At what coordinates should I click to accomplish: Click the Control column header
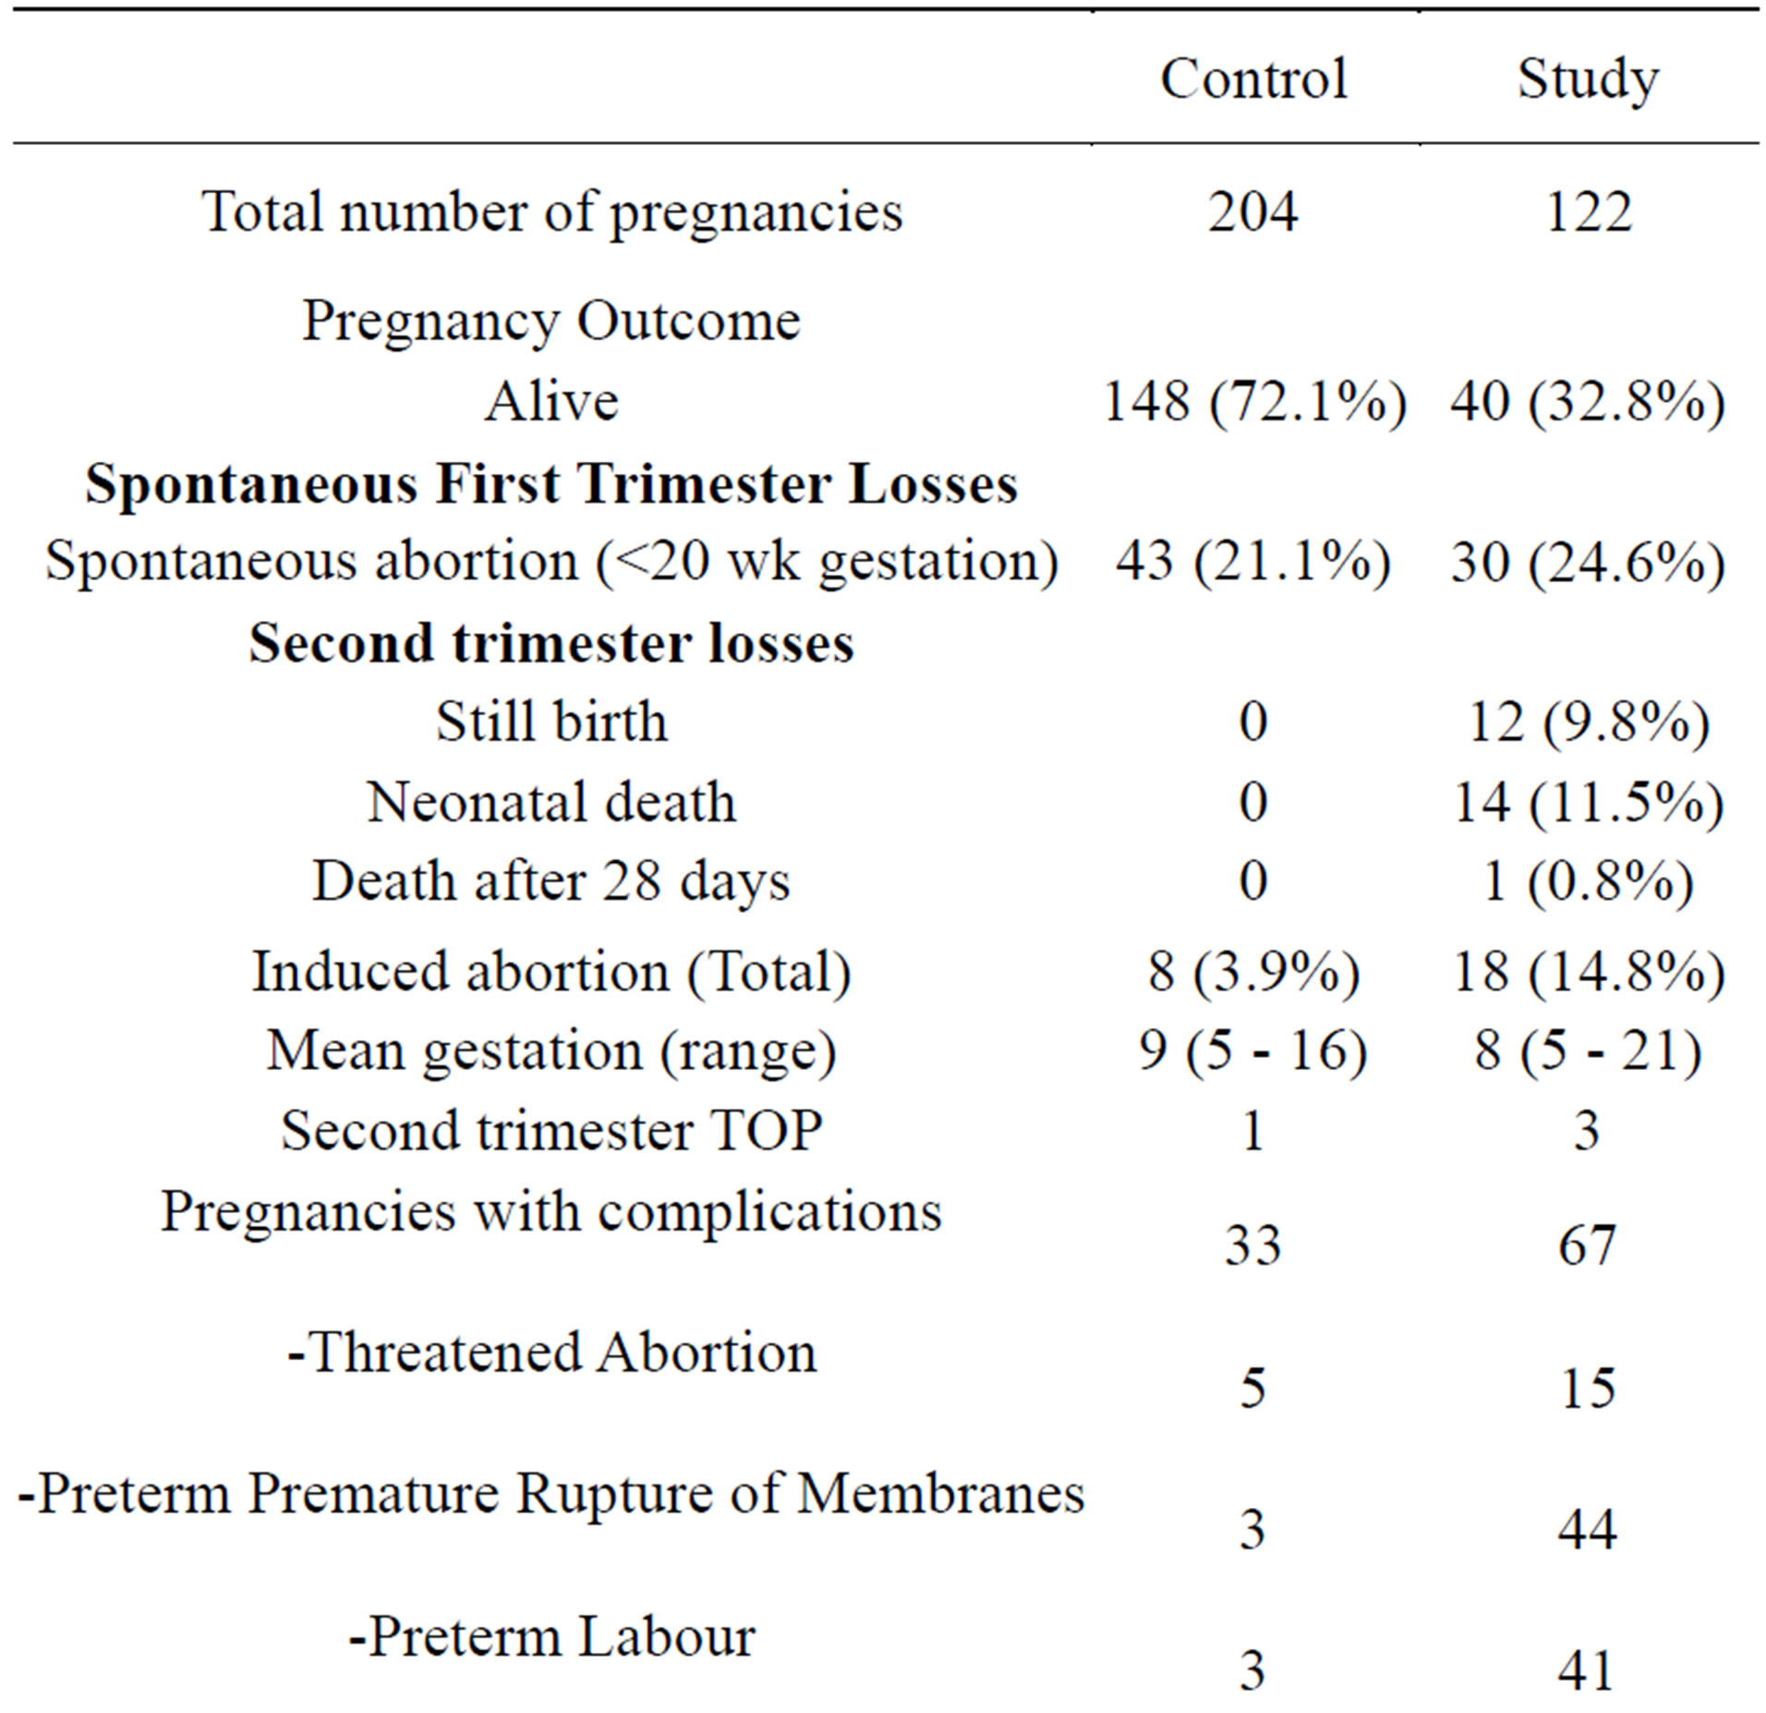1252,79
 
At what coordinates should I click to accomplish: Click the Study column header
1587,79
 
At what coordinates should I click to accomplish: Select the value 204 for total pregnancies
1252,212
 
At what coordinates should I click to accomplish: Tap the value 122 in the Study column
1587,212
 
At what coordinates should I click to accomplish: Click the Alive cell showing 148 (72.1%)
1253,402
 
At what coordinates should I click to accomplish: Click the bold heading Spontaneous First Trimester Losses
551,483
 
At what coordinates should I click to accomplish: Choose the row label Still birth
551,722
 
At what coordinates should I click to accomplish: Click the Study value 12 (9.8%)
1587,722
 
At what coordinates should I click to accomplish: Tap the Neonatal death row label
551,801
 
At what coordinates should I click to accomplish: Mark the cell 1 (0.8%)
1587,881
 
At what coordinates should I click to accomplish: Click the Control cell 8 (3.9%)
1253,972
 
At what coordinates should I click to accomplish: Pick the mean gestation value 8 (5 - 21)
1587,1051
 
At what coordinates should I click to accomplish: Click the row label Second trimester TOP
551,1130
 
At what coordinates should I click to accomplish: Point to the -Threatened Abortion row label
551,1353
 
